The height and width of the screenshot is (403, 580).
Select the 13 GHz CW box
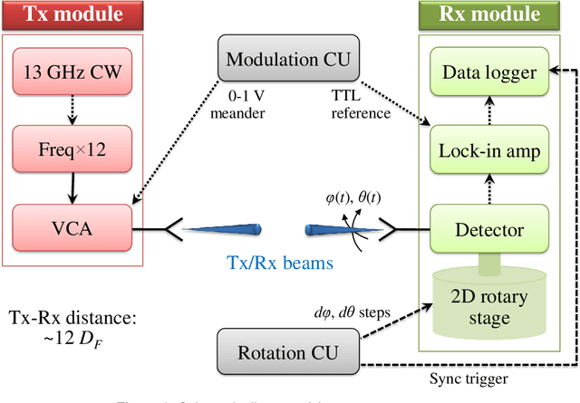pos(72,72)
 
